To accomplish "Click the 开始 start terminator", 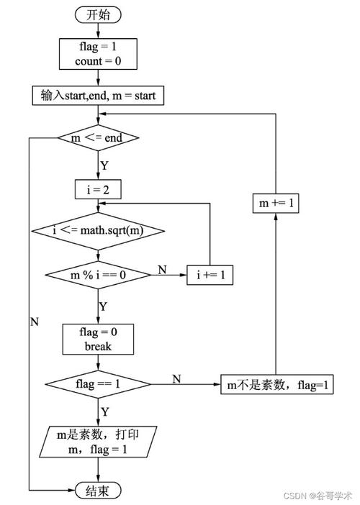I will (98, 14).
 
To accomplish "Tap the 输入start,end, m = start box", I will (98, 95).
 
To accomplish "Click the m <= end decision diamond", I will (98, 137).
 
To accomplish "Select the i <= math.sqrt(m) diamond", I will (98, 230).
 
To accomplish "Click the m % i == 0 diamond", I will (98, 274).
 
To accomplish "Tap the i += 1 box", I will (210, 274).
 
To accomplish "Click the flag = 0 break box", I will (98, 338).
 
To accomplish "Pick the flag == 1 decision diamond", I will (98, 384).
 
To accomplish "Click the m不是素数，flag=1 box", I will (277, 384).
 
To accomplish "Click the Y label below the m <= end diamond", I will (104, 165).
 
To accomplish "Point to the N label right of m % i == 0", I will (162, 269).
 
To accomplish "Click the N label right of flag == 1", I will (176, 378).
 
